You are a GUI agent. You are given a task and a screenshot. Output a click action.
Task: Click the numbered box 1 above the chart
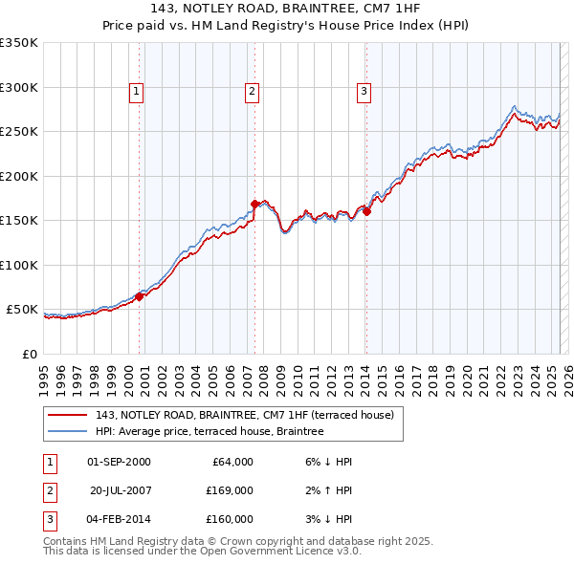[137, 92]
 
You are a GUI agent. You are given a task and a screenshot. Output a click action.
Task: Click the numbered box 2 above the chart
[252, 92]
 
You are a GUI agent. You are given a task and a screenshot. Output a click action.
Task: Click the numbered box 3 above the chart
[364, 92]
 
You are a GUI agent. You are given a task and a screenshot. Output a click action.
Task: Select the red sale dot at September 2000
[140, 296]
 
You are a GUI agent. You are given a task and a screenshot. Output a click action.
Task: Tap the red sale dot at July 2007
[254, 204]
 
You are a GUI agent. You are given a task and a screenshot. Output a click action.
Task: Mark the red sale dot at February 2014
[366, 211]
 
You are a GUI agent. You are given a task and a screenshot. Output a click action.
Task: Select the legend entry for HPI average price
[210, 431]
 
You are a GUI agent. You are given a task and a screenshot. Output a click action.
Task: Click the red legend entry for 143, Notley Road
[238, 414]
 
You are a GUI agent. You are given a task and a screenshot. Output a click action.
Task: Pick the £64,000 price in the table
[230, 462]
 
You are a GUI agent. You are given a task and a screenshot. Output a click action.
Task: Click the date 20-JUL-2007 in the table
[121, 490]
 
